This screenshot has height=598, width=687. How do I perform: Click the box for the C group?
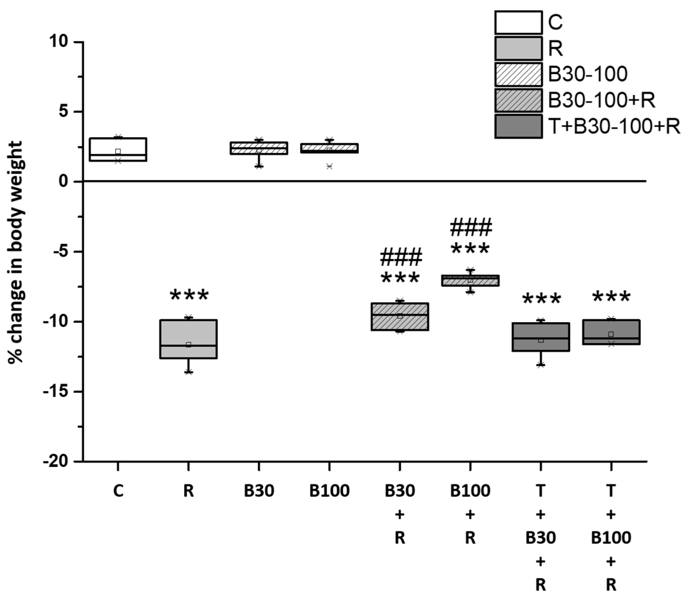(118, 149)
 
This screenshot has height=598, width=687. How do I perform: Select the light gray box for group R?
(189, 339)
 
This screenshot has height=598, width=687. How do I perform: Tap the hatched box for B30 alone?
(259, 148)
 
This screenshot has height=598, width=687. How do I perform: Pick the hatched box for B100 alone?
(329, 148)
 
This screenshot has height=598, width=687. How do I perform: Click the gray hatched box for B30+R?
(400, 317)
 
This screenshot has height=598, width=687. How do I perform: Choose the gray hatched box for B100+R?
(470, 281)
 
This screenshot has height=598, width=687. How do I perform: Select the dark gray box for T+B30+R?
(540, 337)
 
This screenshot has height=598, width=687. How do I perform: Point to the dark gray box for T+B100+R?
(611, 332)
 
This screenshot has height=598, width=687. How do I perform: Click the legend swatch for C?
(518, 22)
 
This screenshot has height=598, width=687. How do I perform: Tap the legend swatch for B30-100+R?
(518, 100)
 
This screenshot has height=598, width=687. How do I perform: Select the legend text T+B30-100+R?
(614, 127)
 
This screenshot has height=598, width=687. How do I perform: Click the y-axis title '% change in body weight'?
(15, 252)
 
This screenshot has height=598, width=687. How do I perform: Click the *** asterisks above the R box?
(189, 295)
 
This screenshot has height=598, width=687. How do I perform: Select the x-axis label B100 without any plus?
(329, 491)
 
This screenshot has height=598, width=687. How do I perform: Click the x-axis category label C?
(118, 491)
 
